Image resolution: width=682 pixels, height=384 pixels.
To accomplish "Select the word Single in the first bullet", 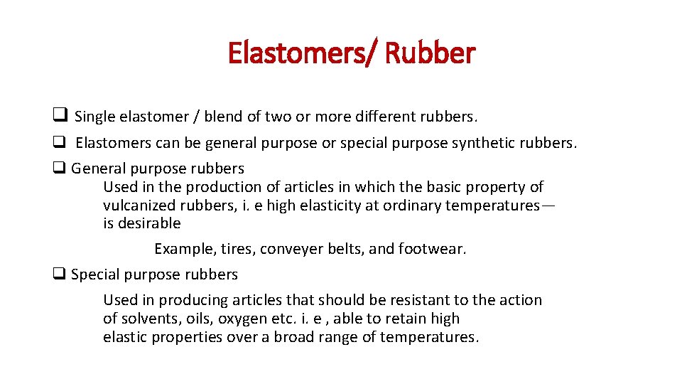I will click(x=96, y=117).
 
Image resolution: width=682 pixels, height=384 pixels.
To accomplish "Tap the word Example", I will click(x=184, y=249).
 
